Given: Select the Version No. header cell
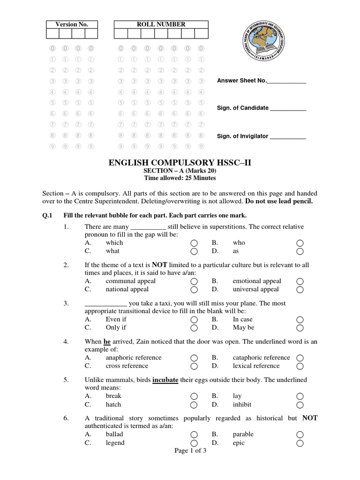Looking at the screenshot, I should [x=72, y=24].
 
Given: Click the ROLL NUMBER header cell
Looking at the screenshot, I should [x=161, y=24].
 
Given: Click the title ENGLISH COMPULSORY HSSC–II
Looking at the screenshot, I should [x=180, y=163].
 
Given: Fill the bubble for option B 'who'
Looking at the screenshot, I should [x=300, y=243].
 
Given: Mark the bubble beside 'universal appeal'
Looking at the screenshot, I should [x=300, y=290].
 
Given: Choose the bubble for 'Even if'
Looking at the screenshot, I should [x=194, y=320].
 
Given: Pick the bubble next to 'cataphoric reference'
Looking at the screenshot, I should [x=300, y=358].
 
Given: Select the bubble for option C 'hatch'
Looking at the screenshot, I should [x=194, y=405].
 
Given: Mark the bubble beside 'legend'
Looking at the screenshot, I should [x=194, y=443].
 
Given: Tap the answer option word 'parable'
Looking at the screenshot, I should [x=243, y=435].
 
